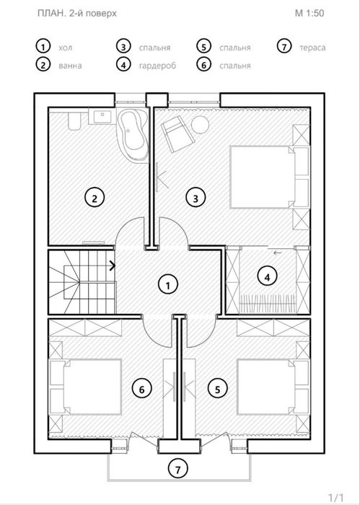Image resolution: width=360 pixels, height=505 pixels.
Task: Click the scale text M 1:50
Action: point(309,13)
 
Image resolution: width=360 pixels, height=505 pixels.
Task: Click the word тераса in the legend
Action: point(312,48)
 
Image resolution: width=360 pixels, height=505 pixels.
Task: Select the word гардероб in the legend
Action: point(157,66)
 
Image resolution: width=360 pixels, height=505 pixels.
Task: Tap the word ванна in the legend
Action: point(70,66)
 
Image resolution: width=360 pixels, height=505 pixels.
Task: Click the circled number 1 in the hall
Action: point(168,285)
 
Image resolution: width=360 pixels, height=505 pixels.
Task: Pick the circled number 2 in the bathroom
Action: point(95,198)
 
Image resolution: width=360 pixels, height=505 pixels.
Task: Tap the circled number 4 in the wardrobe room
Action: point(267,276)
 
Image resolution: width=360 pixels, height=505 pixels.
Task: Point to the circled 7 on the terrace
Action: point(178,469)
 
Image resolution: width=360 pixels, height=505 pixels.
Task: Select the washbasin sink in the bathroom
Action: point(102,115)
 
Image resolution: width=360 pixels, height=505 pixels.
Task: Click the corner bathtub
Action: point(133,133)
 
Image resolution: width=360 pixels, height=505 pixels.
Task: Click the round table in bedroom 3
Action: point(200,124)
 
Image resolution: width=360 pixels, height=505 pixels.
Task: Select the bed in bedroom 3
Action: point(263,177)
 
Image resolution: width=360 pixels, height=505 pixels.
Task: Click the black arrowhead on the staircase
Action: point(113,265)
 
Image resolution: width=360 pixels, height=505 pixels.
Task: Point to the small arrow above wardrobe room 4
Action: point(277,252)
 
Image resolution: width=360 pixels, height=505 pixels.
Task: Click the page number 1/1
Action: point(336,497)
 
